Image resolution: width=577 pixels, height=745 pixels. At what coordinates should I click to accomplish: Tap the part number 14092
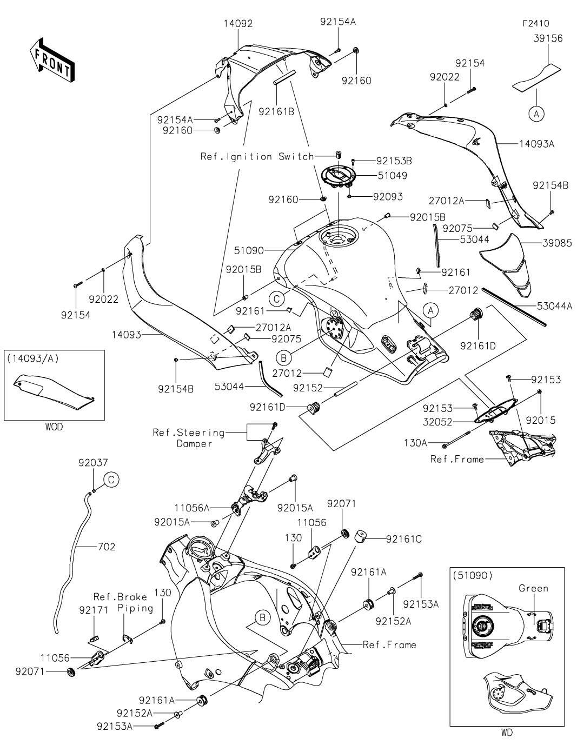point(238,24)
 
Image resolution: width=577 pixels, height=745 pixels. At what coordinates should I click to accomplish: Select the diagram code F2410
point(535,24)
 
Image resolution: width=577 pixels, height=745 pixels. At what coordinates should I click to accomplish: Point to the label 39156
point(548,38)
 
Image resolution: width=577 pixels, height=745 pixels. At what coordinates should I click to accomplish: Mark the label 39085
point(557,243)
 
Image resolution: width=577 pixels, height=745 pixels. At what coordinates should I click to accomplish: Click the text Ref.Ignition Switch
point(257,157)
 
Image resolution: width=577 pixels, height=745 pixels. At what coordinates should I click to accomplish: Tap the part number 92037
point(93,463)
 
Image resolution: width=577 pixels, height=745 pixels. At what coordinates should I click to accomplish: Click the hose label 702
point(107,547)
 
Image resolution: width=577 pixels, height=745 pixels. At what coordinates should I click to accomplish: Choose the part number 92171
point(94,609)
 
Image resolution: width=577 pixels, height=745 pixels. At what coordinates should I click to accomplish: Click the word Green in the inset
point(533,588)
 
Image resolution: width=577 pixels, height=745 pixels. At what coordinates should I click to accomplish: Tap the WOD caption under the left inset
point(54,427)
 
